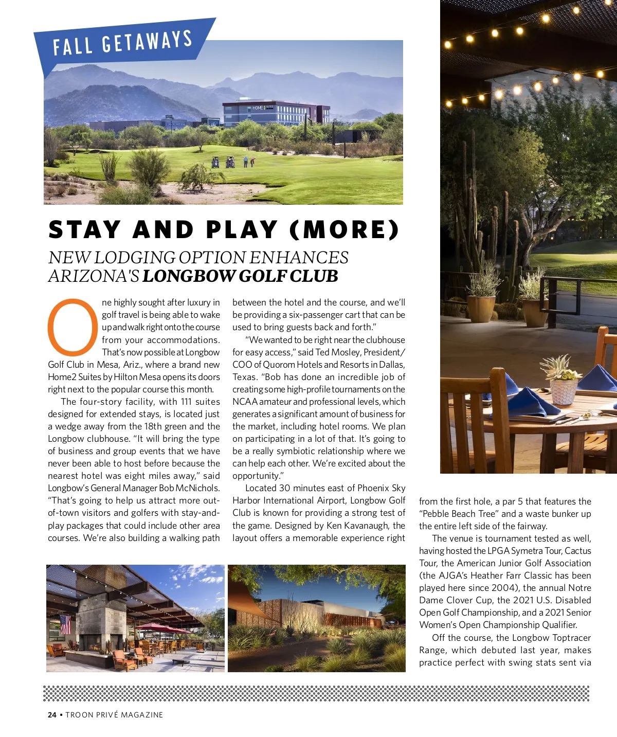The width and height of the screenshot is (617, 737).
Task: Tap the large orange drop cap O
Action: tap(72, 327)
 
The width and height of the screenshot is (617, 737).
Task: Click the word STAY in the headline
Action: tap(85, 230)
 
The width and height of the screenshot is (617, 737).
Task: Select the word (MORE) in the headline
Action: tap(344, 230)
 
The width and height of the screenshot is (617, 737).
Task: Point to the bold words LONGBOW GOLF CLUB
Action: tap(240, 276)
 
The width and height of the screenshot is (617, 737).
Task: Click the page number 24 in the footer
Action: tap(52, 715)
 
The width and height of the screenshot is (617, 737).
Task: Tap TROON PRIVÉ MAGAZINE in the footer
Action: tap(114, 715)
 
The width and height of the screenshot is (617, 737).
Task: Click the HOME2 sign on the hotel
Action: tap(259, 108)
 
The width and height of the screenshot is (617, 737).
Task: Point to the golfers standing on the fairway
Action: tap(249, 161)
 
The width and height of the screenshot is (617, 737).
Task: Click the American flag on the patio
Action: tap(65, 624)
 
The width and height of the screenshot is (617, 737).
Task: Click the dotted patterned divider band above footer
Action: tap(316, 693)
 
